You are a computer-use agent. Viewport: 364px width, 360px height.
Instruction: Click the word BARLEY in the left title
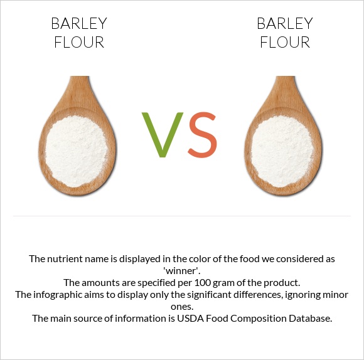pyautogui.click(x=79, y=24)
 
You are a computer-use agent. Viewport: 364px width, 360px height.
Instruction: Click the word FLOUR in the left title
pyautogui.click(x=79, y=43)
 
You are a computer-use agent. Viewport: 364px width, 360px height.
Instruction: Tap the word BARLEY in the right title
pyautogui.click(x=285, y=24)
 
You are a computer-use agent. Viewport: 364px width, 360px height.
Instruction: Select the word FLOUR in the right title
pyautogui.click(x=285, y=43)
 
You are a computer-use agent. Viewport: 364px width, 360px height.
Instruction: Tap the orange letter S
pyautogui.click(x=202, y=134)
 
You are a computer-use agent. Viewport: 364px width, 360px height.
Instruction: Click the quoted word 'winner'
pyautogui.click(x=181, y=270)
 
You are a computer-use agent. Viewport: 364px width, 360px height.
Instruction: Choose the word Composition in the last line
pyautogui.click(x=251, y=318)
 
